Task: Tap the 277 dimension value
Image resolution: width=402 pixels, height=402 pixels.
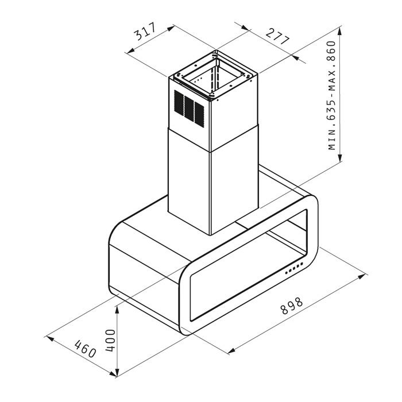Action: [x=277, y=36]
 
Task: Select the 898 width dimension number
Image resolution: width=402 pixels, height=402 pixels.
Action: [x=292, y=306]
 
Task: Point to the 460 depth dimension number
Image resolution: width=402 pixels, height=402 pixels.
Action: [x=85, y=349]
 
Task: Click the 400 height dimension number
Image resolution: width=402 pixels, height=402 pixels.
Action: [x=110, y=341]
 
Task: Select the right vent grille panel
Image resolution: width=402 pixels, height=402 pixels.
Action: [x=199, y=115]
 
